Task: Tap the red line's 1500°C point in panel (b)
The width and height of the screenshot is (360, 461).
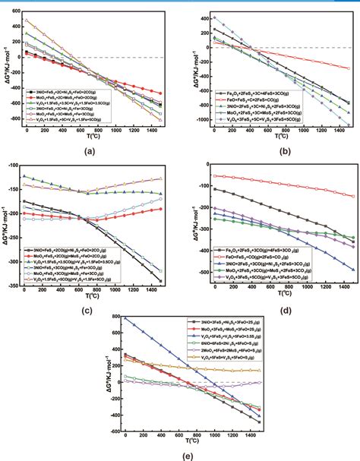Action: (349, 68)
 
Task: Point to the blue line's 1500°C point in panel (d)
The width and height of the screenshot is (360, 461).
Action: (351, 270)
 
